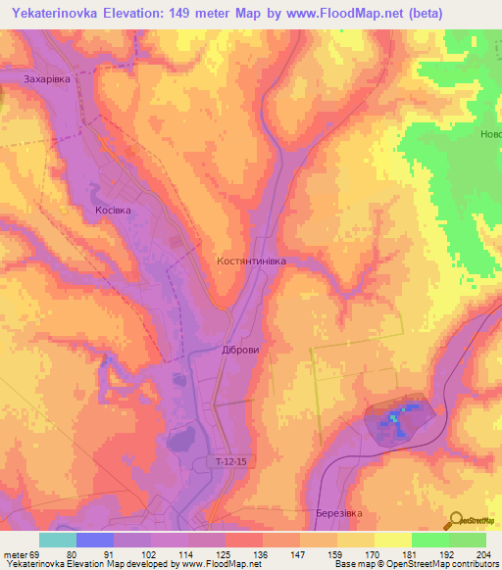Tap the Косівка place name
[113, 211]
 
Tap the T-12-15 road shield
[230, 459]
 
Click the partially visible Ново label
[490, 135]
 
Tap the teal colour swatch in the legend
[58, 540]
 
